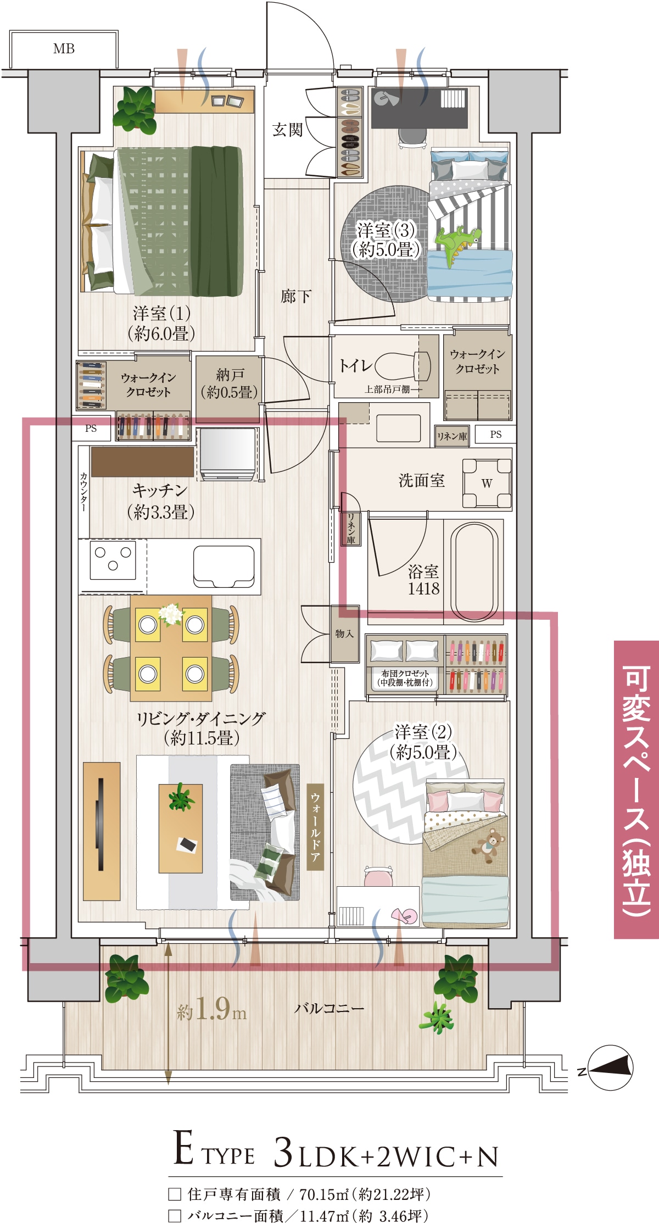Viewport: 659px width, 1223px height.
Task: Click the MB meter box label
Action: tap(64, 49)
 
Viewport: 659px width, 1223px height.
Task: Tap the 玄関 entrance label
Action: tap(288, 130)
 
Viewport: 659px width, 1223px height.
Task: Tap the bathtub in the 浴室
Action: tap(474, 571)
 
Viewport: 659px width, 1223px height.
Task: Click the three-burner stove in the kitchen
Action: tap(113, 559)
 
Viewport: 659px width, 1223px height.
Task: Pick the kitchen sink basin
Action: tap(224, 566)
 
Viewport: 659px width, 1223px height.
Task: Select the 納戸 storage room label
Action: tap(229, 383)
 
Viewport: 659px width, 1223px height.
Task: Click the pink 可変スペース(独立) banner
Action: tap(636, 789)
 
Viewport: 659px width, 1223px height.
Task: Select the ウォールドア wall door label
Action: tap(315, 826)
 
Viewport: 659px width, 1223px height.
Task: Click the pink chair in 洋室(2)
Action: tap(378, 876)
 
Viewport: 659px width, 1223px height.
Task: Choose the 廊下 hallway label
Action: tap(296, 297)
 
